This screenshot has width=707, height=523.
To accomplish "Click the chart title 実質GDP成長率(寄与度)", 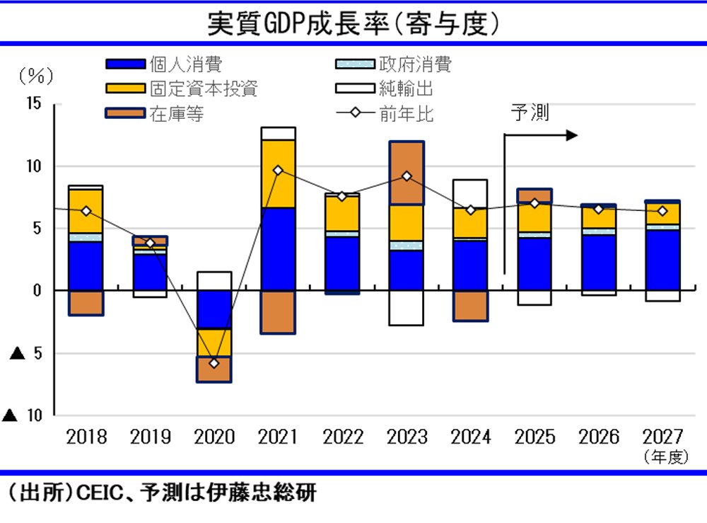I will [353, 23].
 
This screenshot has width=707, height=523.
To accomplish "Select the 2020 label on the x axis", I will [214, 437].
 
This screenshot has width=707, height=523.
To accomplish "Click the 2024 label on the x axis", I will [471, 437].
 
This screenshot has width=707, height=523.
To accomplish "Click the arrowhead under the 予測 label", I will [572, 135].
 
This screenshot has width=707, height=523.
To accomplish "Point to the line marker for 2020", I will [214, 363].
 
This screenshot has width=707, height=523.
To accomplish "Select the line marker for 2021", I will [278, 171].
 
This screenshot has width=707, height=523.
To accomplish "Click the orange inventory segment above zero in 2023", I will [407, 173].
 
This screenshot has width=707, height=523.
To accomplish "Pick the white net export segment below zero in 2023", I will [407, 308].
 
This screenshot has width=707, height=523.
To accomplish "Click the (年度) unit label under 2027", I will [665, 457].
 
